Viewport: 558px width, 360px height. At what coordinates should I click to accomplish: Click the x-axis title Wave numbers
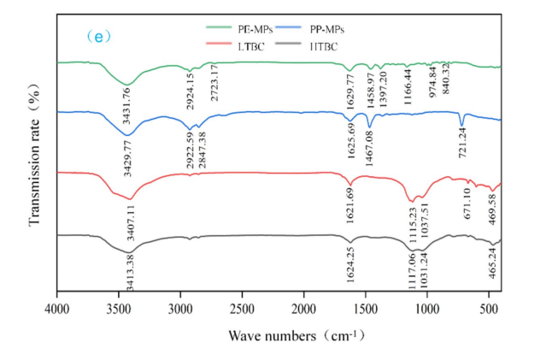pos(291,334)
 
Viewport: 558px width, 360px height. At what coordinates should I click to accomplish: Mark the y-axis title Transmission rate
pos(35,162)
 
